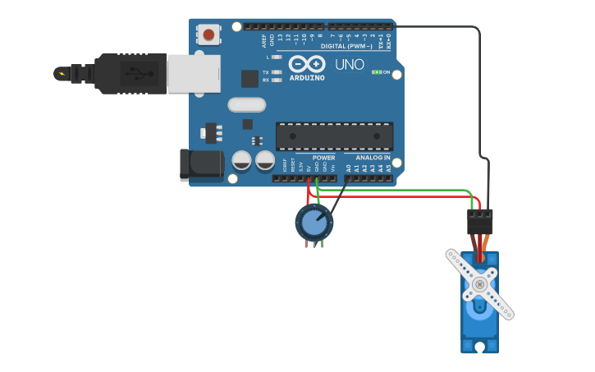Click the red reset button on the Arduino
coord(210,34)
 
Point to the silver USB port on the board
coord(194,74)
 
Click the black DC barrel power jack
coord(200,163)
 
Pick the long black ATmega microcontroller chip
coord(334,136)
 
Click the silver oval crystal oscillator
coord(247,104)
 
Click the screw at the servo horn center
coord(479,284)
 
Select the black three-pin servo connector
coord(480,221)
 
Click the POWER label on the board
coord(323,157)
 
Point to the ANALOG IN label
coord(373,157)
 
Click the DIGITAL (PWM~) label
coord(351,46)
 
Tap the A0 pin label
coord(349,168)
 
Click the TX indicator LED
coord(277,72)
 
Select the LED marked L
coord(277,57)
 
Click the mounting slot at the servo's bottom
coord(479,347)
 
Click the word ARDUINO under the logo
coord(306,78)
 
